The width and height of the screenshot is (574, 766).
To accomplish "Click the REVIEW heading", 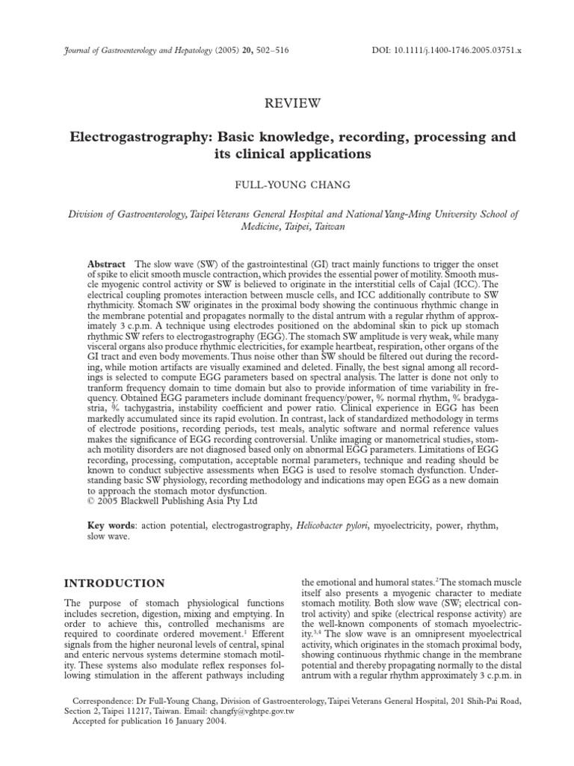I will click(287, 102).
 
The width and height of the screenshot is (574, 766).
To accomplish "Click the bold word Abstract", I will click(107, 266).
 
